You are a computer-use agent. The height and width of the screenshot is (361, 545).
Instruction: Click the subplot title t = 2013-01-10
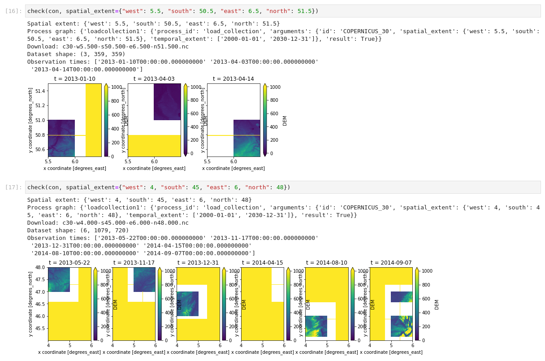tap(75, 79)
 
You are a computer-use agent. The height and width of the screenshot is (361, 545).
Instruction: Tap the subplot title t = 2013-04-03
tap(154, 79)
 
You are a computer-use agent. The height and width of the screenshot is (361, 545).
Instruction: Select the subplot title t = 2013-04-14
tap(233, 79)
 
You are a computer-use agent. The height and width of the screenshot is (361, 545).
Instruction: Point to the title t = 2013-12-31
tap(198, 263)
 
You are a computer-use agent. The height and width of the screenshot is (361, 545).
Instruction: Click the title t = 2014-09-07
tap(391, 263)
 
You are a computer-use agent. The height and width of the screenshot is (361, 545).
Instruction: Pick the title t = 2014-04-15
tap(262, 263)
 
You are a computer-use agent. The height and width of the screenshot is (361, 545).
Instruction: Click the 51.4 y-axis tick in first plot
tap(40, 91)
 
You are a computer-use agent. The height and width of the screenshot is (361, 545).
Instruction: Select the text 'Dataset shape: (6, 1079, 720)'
tap(78, 231)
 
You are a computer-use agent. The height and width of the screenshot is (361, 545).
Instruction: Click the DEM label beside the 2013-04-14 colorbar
tap(285, 120)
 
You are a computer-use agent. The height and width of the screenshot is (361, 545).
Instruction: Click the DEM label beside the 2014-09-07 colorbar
tap(437, 304)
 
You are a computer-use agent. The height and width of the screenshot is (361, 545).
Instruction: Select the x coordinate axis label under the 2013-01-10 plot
tap(75, 168)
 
